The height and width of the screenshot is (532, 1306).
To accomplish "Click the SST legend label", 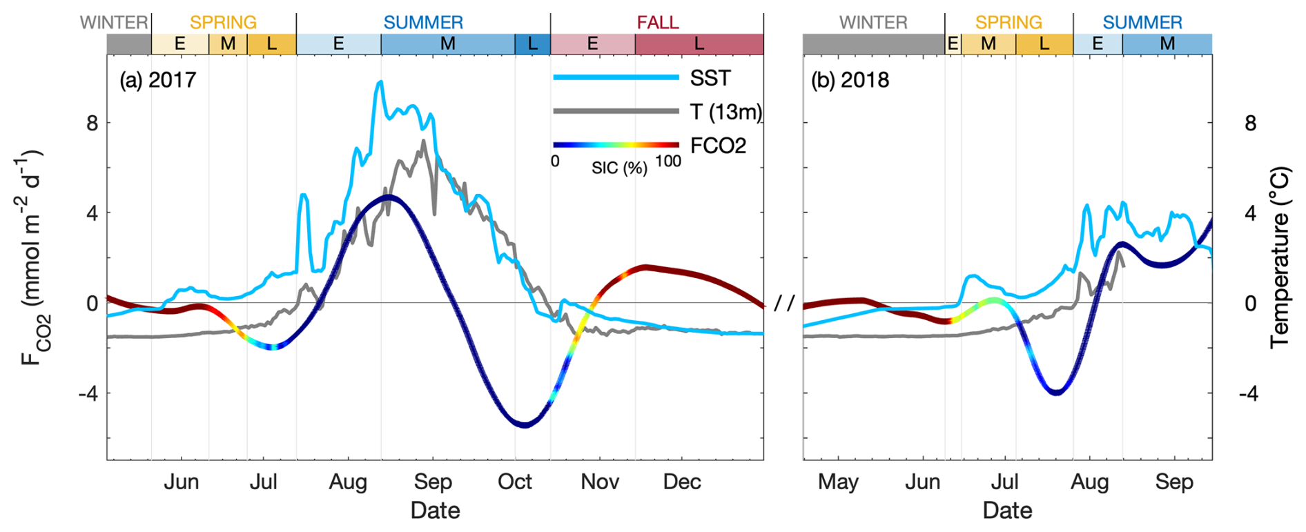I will click(710, 78).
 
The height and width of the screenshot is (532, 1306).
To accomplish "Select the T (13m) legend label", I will click(725, 112).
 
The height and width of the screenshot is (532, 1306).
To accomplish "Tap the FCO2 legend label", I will click(718, 146).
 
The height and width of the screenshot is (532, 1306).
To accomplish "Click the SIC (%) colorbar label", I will click(618, 168).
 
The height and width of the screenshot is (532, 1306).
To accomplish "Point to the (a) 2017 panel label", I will click(158, 80).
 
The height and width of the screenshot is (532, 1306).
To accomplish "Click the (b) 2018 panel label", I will click(850, 80).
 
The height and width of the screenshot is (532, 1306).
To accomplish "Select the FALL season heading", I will click(657, 22).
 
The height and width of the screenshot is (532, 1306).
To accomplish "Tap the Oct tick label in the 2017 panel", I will click(515, 482).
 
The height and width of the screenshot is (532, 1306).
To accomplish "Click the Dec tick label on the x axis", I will click(682, 482).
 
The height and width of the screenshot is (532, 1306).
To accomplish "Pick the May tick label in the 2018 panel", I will click(838, 482).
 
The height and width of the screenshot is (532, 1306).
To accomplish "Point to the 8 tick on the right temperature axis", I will click(1250, 124).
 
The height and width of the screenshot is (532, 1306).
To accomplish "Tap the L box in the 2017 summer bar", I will click(532, 44).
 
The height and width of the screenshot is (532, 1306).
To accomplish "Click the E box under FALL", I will click(592, 44).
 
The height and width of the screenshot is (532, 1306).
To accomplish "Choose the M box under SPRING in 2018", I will click(988, 44).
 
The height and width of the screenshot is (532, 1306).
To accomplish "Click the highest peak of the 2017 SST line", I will click(380, 82).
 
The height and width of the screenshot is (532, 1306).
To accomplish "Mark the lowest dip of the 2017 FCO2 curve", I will click(525, 425).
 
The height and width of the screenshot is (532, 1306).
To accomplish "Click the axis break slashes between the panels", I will click(784, 303).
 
